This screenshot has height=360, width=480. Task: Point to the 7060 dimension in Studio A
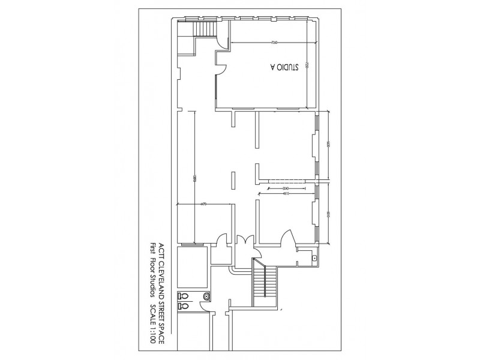[x=274, y=42]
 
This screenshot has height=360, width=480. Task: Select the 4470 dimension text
[x=204, y=205]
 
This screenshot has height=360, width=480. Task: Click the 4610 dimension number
[x=286, y=194]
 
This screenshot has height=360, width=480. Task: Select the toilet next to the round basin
[x=184, y=295]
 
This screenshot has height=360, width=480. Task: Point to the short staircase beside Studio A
[x=205, y=29]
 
